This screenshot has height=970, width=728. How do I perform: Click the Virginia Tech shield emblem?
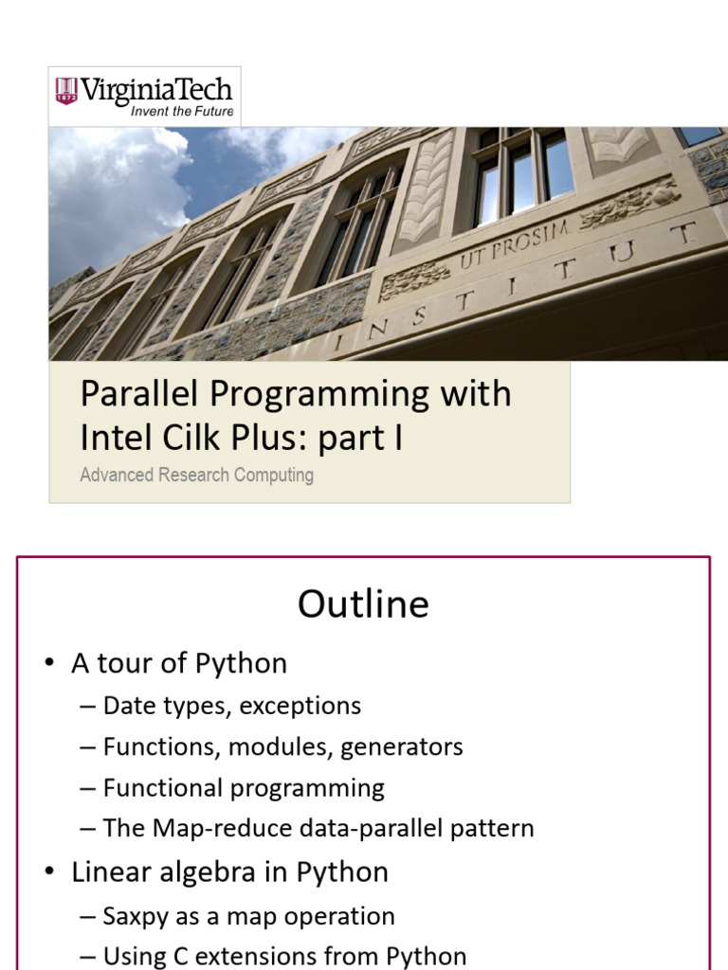point(65,91)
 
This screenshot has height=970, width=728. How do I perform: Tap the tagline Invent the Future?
point(181,112)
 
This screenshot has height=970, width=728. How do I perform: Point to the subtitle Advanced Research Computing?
point(196,475)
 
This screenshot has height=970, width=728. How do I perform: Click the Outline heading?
point(363,604)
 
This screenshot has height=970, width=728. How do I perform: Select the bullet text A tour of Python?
point(178,663)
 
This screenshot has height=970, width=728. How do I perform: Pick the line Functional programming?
point(244,788)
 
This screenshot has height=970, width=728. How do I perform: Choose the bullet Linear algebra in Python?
point(229,871)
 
